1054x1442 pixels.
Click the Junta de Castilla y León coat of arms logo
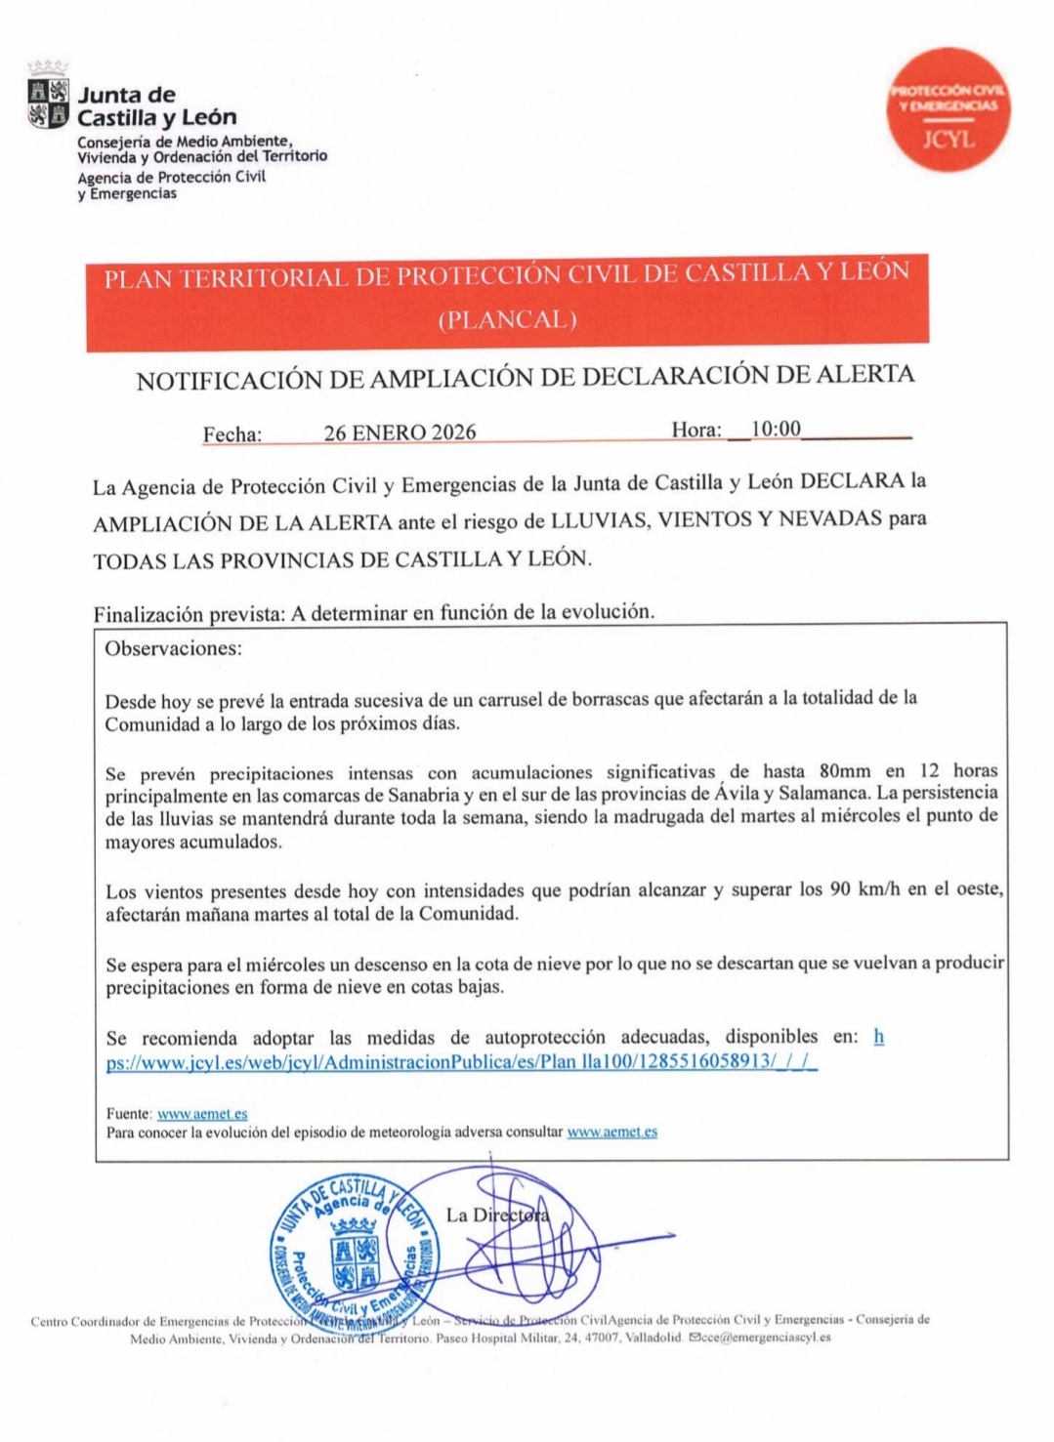pos(48,103)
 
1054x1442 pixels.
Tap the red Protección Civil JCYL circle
pos(947,110)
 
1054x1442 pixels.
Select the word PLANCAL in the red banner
pos(507,319)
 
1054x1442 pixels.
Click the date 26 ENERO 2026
pos(400,433)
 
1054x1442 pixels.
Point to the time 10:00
pos(776,429)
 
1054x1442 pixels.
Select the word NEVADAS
pos(831,518)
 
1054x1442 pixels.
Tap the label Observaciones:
pos(174,648)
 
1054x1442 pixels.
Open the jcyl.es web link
pos(459,1061)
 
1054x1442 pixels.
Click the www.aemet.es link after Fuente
pos(202,1113)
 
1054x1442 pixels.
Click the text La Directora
pos(497,1215)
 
